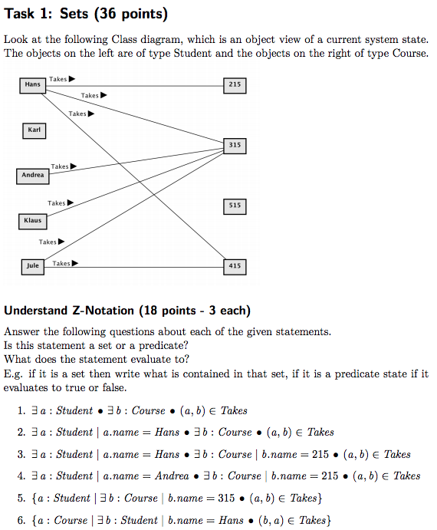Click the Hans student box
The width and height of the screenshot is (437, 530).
32,85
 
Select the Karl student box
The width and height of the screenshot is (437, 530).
34,131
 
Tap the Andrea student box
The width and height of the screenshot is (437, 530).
33,176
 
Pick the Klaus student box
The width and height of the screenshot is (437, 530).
32,222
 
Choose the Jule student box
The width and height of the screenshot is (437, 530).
33,267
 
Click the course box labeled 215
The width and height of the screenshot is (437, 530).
235,85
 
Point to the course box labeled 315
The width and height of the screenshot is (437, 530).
235,146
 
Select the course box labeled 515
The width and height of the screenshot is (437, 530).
235,206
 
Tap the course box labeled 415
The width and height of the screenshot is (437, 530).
235,267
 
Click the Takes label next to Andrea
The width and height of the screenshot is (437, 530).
60,166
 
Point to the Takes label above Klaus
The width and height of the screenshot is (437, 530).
57,202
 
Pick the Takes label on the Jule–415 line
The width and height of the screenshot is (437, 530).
61,263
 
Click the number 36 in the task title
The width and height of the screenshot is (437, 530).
107,14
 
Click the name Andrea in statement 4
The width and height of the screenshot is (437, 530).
172,476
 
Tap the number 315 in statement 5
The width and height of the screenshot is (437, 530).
226,498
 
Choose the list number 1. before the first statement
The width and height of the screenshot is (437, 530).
21,410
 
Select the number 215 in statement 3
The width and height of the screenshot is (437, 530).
320,454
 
